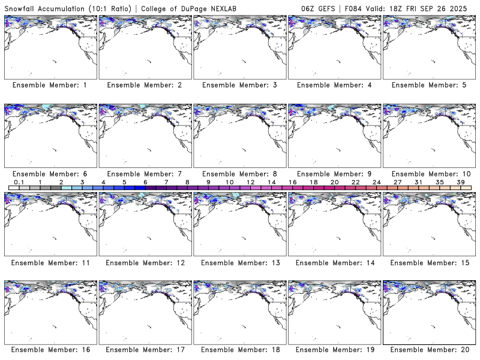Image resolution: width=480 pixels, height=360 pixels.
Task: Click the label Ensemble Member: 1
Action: (49, 85)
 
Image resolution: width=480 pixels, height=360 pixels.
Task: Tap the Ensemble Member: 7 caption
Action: (144, 174)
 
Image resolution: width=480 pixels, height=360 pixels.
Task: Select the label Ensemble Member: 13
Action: (239, 263)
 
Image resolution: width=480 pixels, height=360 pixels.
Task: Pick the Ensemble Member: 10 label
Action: (430, 174)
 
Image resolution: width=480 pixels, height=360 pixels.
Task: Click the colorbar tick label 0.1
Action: (19, 182)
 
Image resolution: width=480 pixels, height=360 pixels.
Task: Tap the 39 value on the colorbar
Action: (460, 182)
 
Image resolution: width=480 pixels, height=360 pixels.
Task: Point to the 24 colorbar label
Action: (376, 182)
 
